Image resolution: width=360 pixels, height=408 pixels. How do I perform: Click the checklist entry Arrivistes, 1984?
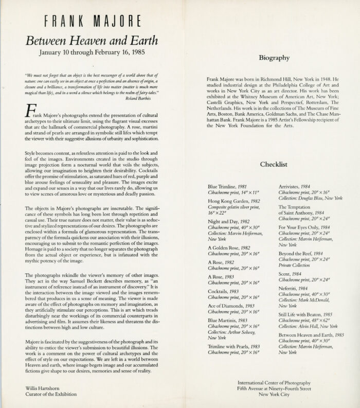[x=298, y=185]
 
